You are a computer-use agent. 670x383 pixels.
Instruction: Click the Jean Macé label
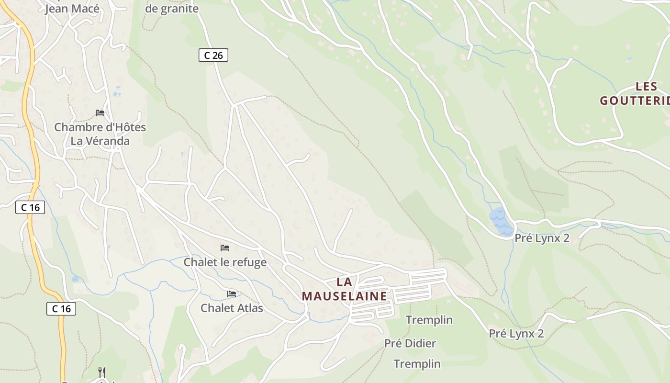pyautogui.click(x=72, y=9)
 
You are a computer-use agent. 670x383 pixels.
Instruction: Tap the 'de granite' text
pyautogui.click(x=171, y=9)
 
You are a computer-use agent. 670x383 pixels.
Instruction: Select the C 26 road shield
pyautogui.click(x=213, y=56)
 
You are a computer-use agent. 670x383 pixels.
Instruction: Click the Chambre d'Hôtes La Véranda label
pyautogui.click(x=100, y=134)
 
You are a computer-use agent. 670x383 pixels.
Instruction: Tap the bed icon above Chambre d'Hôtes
pyautogui.click(x=100, y=113)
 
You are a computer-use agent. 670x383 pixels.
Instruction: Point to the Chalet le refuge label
pyautogui.click(x=225, y=262)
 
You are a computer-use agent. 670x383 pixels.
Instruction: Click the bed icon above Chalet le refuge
pyautogui.click(x=225, y=248)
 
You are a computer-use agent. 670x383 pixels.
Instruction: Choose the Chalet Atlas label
pyautogui.click(x=232, y=308)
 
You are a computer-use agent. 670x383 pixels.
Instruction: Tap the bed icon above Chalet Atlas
pyautogui.click(x=232, y=293)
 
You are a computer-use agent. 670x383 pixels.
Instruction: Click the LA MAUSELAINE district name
pyautogui.click(x=344, y=289)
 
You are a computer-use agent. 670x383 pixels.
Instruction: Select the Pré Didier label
pyautogui.click(x=410, y=343)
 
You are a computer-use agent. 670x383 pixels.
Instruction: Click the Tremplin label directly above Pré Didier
pyautogui.click(x=429, y=320)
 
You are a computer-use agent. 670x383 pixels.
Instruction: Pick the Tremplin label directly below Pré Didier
pyautogui.click(x=417, y=364)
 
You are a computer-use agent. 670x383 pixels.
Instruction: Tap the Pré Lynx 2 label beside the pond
pyautogui.click(x=542, y=238)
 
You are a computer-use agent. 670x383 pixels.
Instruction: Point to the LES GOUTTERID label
pyautogui.click(x=635, y=94)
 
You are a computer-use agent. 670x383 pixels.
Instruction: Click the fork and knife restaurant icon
pyautogui.click(x=101, y=372)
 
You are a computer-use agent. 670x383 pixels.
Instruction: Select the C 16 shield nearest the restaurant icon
pyautogui.click(x=61, y=309)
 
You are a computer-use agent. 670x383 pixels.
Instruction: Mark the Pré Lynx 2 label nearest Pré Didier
pyautogui.click(x=516, y=334)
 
